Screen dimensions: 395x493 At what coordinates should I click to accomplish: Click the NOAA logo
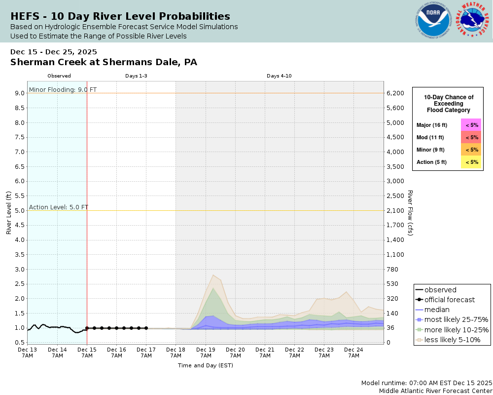(434, 21)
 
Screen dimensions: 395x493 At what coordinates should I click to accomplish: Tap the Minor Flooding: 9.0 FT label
(63, 89)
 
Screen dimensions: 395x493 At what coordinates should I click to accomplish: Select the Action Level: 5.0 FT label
(59, 207)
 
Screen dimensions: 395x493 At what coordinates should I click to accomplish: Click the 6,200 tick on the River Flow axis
(395, 93)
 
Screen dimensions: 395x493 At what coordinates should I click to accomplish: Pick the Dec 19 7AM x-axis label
(206, 353)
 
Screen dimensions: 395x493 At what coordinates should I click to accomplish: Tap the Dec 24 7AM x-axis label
(353, 353)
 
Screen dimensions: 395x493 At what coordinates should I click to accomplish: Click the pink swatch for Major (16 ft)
(471, 125)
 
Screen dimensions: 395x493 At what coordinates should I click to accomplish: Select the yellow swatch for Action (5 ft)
(471, 162)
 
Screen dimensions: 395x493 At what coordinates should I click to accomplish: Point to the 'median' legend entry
(436, 310)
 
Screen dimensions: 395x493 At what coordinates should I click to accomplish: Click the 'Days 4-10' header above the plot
(279, 76)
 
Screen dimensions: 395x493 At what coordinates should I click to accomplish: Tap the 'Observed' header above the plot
(59, 76)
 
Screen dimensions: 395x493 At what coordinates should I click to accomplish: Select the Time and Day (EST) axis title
(205, 365)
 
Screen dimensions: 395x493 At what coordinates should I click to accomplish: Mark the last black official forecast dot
(146, 328)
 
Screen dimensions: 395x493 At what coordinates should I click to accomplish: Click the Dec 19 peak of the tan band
(213, 275)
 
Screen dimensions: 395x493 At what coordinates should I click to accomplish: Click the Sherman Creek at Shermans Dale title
(104, 62)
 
